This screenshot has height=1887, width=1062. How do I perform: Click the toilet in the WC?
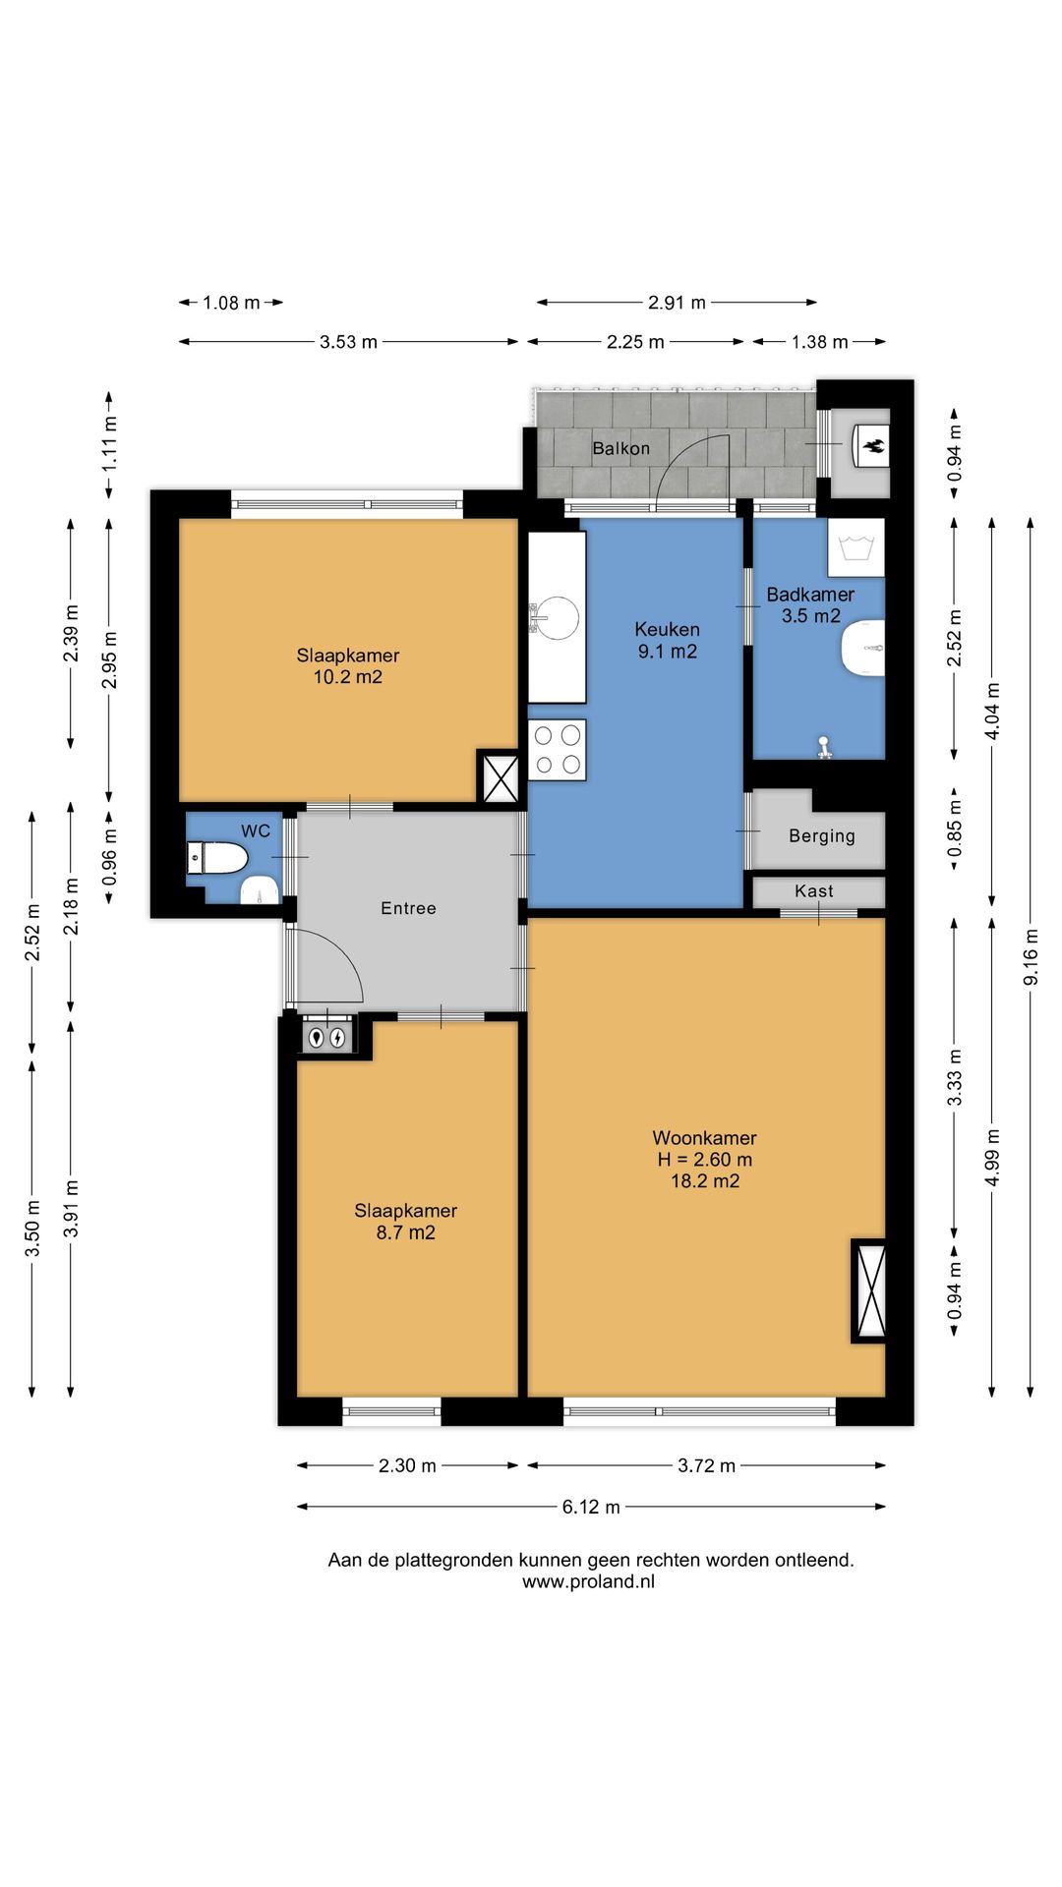tap(216, 857)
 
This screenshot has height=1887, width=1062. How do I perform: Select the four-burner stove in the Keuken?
tap(557, 750)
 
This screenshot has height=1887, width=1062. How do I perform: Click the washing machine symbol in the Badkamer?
tap(855, 547)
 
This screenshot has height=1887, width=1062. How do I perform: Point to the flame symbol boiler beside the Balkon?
tap(872, 447)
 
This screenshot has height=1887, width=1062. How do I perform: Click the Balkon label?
tap(620, 448)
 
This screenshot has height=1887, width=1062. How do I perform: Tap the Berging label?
tap(822, 836)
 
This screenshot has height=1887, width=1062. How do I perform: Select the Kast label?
tap(814, 891)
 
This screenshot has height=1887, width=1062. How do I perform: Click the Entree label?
tap(408, 908)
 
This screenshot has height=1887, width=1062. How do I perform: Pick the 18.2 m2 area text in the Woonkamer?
tap(705, 1181)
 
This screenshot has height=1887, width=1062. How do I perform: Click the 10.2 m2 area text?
tap(347, 677)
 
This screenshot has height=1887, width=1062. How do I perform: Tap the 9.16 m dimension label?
tap(1031, 957)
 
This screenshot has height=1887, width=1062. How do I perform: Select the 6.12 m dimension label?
tap(591, 1507)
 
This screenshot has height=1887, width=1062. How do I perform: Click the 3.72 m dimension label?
tap(706, 1465)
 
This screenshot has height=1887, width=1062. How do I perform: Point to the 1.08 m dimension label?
tap(231, 303)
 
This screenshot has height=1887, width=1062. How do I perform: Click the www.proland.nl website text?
tap(588, 1581)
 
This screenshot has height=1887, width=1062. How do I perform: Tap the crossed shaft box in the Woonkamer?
tap(869, 1290)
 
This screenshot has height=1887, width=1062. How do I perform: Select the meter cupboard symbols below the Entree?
tap(326, 1036)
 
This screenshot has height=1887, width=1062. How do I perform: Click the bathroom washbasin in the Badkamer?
tap(863, 649)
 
